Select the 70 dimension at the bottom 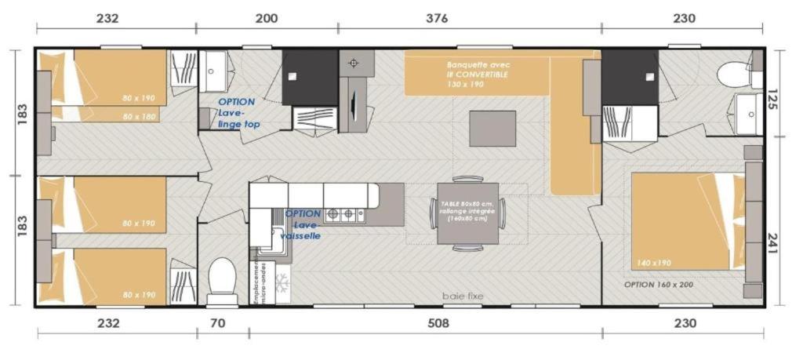222,323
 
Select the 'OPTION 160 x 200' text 659,285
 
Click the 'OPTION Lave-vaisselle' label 303,224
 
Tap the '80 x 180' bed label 139,117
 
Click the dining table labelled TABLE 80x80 467,213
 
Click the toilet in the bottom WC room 222,278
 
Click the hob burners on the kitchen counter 345,213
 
